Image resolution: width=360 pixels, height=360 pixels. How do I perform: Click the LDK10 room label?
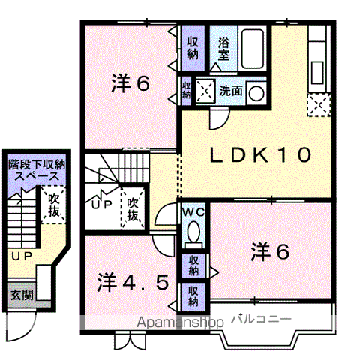[259, 156]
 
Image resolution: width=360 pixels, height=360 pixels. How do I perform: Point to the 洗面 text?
[230, 91]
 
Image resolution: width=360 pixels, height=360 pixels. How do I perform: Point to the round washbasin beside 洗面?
[257, 92]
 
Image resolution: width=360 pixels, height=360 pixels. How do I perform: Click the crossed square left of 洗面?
[204, 89]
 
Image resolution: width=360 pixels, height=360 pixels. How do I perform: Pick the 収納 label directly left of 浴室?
[193, 47]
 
